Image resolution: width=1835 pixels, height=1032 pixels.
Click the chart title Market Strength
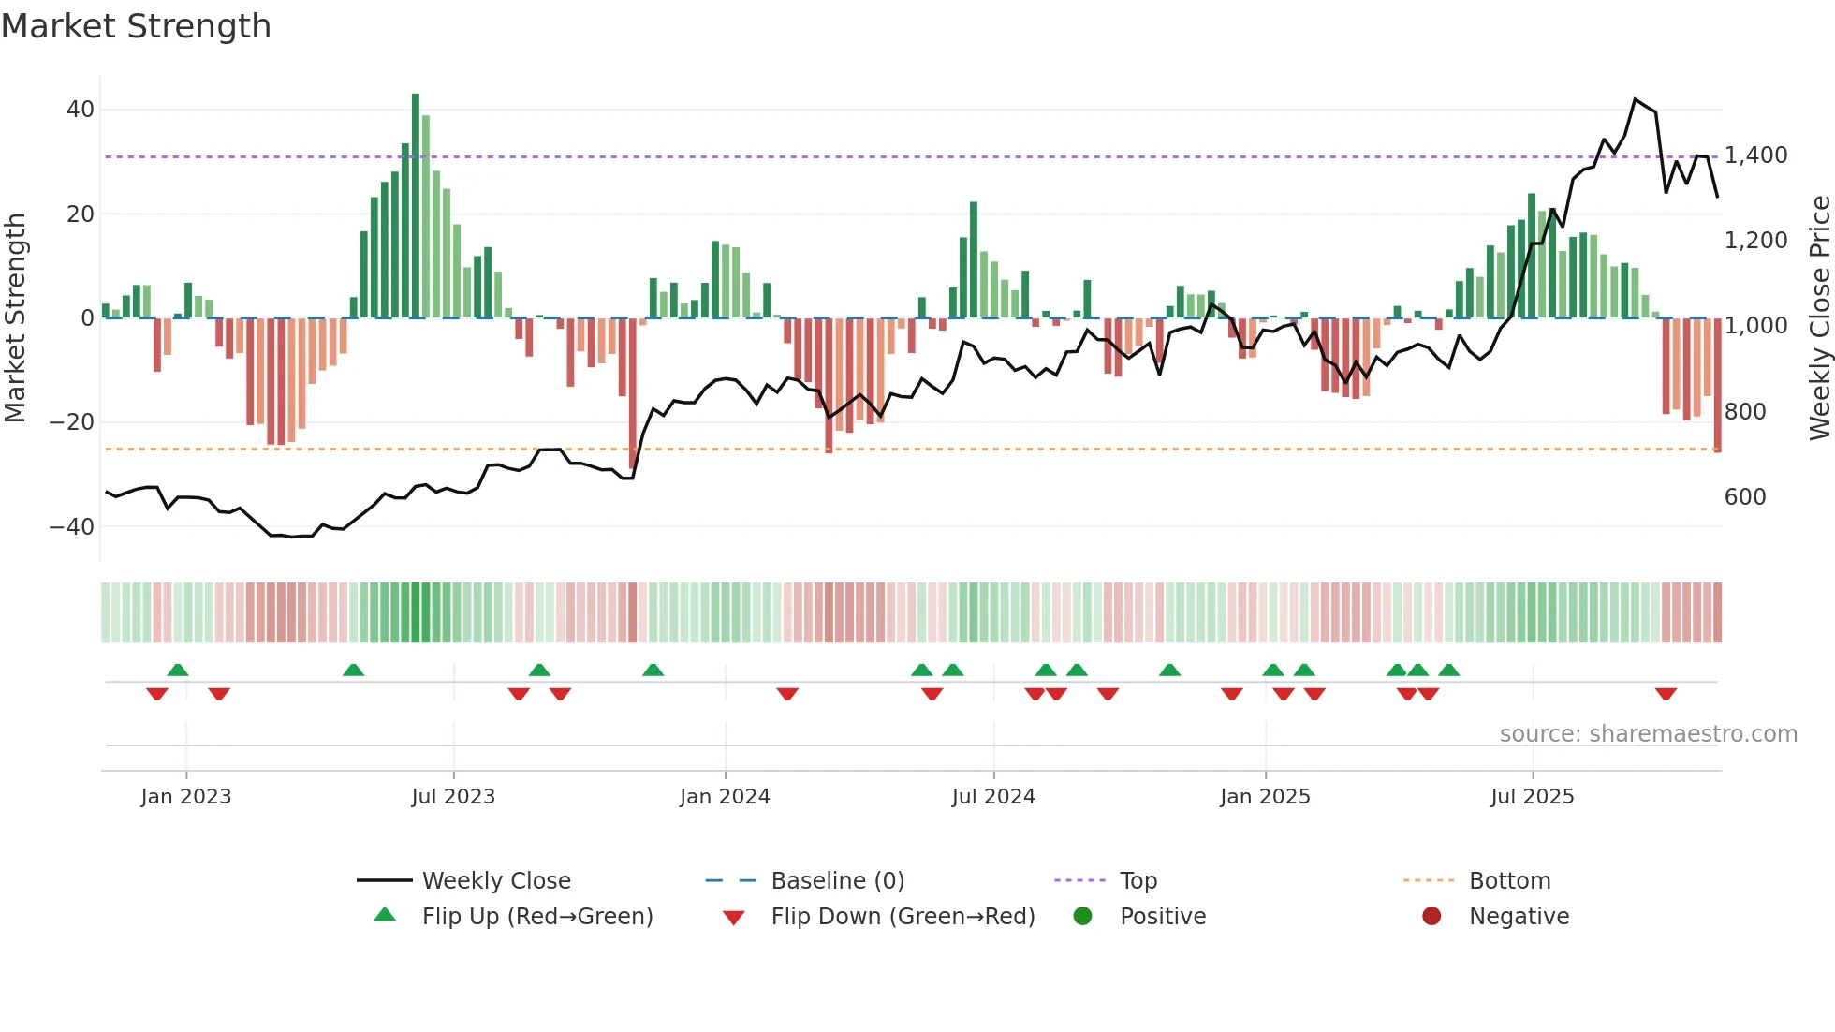[x=136, y=26]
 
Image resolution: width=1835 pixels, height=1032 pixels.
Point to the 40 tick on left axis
[x=80, y=110]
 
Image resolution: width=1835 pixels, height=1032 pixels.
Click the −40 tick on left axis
[x=72, y=526]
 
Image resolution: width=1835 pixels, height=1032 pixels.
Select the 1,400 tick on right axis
[x=1755, y=155]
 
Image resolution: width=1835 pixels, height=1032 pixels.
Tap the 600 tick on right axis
[x=1745, y=497]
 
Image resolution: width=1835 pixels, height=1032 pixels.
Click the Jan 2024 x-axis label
[x=725, y=797]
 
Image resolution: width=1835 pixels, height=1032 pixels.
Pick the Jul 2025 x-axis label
[x=1532, y=797]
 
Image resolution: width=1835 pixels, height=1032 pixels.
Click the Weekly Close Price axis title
[x=1819, y=317]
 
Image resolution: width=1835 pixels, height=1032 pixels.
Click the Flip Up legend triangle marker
[x=385, y=915]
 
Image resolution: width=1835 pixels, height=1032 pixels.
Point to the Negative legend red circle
[x=1431, y=916]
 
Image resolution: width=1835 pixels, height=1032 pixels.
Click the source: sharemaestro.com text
[x=1648, y=734]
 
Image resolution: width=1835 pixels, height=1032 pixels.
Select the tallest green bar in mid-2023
[x=416, y=206]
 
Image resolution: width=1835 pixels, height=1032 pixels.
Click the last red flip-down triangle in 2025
[x=1665, y=694]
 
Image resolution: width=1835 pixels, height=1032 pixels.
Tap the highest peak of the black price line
[x=1635, y=99]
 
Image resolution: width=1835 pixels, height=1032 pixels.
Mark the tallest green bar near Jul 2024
[x=974, y=259]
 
